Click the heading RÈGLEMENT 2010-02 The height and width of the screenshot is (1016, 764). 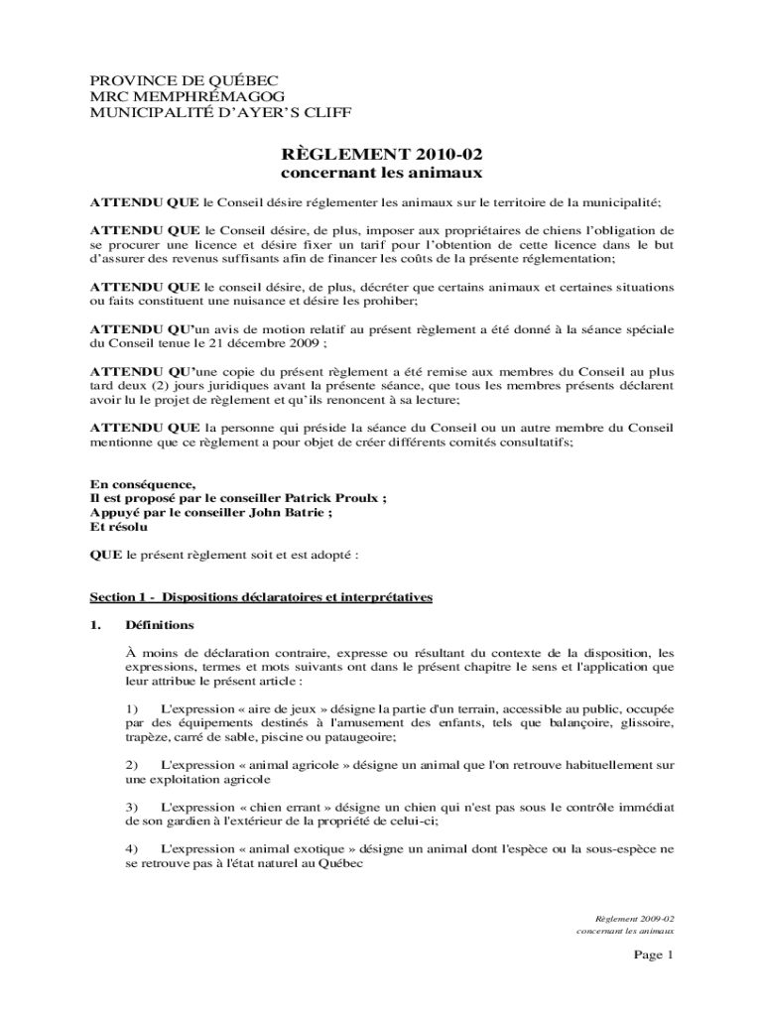point(382,154)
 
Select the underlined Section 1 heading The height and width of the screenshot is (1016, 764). point(261,597)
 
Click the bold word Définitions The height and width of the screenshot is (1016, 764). point(160,625)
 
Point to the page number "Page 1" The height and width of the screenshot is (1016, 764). point(654,955)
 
